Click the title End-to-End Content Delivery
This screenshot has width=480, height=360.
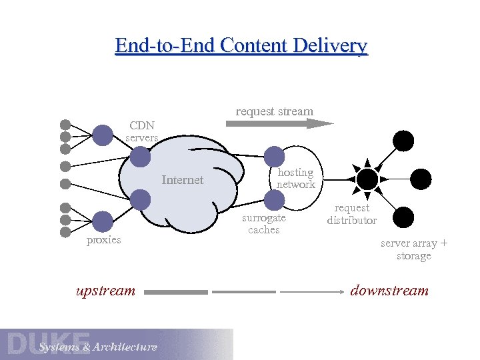(241, 46)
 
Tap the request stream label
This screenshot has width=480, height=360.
(274, 111)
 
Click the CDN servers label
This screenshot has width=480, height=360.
(141, 131)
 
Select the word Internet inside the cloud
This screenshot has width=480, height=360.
(183, 179)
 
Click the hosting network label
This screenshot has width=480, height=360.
(295, 178)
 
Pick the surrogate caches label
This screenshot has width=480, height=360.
(263, 224)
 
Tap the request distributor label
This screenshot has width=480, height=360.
(351, 214)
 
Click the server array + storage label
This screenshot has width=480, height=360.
(413, 249)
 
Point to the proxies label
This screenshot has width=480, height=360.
(104, 240)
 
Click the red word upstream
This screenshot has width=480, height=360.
(105, 291)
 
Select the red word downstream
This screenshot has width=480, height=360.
(389, 291)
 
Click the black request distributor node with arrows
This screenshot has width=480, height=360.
(367, 179)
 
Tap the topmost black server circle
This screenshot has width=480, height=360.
(403, 141)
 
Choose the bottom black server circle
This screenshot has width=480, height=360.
(403, 217)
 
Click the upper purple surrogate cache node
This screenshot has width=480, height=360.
(274, 156)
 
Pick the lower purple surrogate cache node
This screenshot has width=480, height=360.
(274, 199)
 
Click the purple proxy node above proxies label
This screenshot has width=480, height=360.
(103, 221)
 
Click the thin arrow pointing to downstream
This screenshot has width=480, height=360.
(313, 291)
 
